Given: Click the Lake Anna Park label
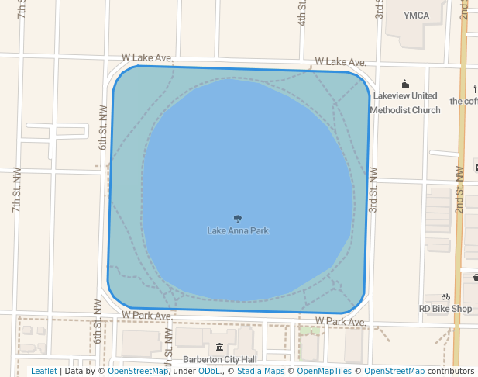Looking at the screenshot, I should pos(238,230).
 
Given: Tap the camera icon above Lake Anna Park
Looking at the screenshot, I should pos(238,219).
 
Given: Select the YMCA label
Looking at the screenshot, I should pos(416,15).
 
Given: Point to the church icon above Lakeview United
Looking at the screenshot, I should pos(404,84).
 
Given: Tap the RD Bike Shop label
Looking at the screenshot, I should pos(445,309).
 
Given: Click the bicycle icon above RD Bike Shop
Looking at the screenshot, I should pos(445,296).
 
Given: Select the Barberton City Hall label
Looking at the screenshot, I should pos(219,359).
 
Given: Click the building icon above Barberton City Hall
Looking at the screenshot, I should pos(219,347).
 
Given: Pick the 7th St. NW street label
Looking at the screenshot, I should pos(15,199).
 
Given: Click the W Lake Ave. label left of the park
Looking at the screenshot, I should pos(146,58).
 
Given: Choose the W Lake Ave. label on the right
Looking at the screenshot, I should pos(340,61).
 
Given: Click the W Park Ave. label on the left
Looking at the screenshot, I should pos(147,316).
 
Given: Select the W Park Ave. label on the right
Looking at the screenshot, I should pos(340,321).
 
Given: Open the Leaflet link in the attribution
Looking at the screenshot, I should pos(43,371).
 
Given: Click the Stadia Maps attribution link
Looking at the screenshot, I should pos(260,371).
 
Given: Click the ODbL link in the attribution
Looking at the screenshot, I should pos(209,371).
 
